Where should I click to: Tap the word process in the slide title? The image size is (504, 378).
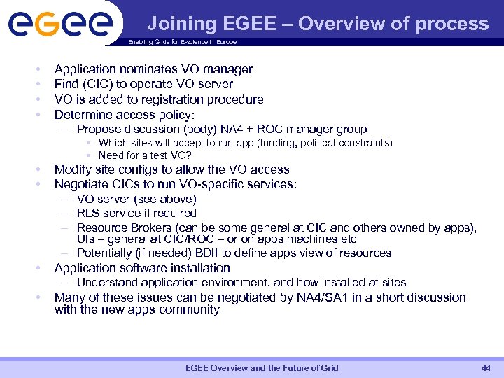451,24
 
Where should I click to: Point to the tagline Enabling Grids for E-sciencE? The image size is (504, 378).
182,42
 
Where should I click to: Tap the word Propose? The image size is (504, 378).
98,129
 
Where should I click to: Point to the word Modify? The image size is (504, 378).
73,169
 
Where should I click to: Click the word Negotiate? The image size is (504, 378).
83,184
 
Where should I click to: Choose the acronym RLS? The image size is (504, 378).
89,213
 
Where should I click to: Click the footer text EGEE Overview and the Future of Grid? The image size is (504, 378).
262,368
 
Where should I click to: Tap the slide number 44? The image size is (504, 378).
485,368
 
